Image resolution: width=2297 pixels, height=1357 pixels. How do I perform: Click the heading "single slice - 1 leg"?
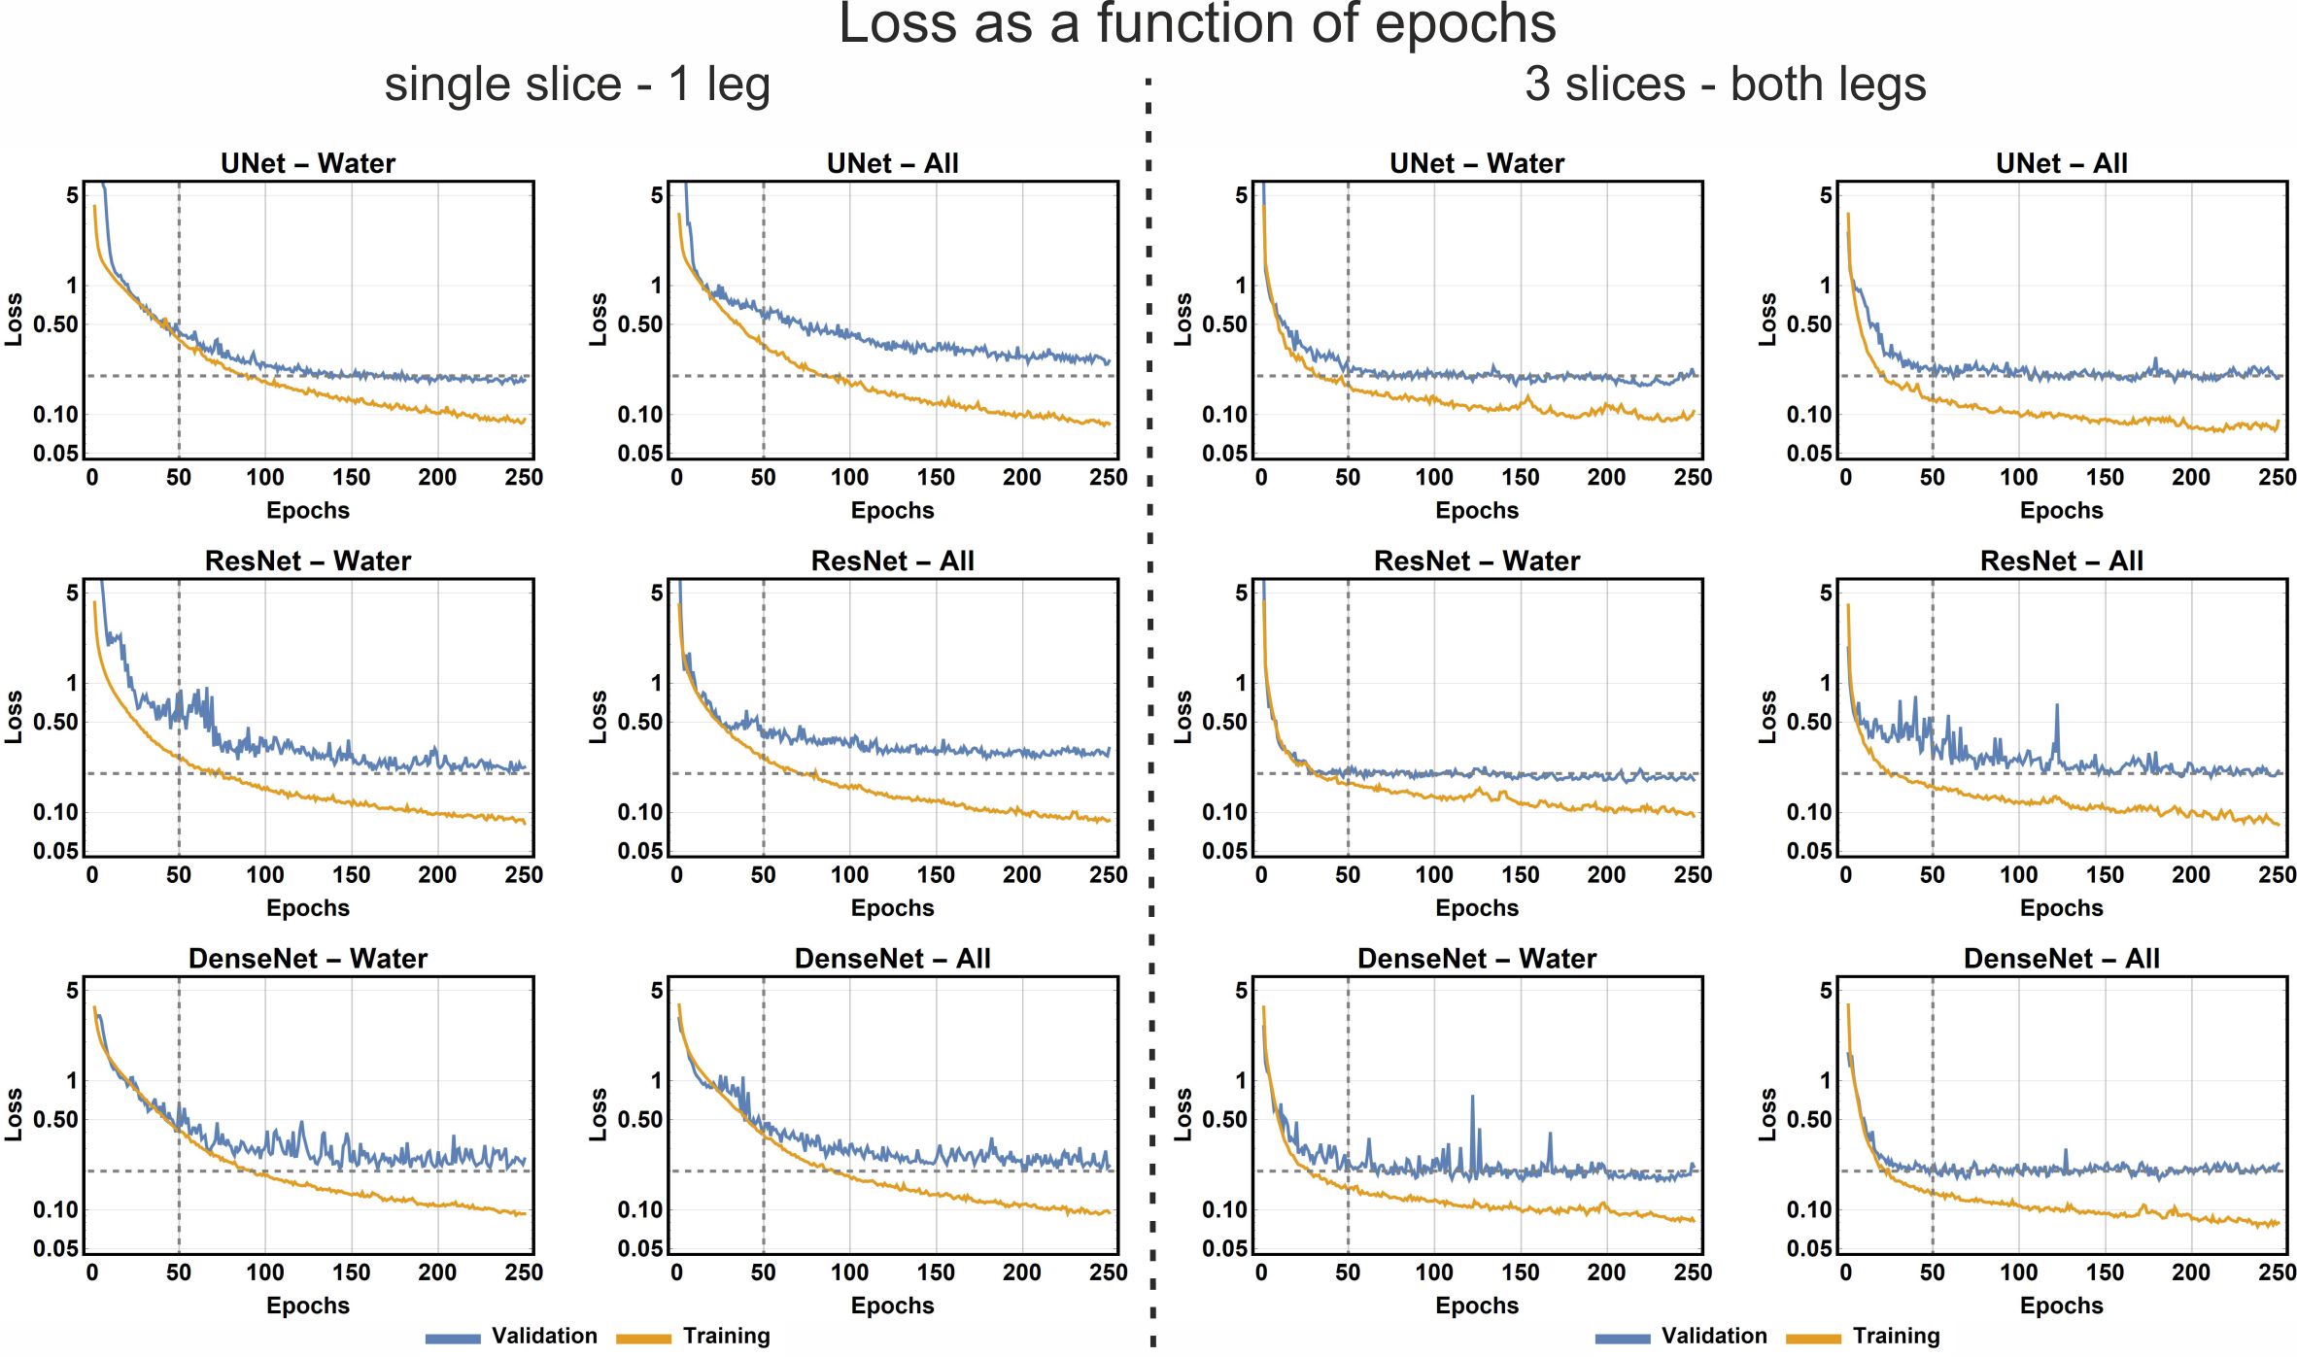577,85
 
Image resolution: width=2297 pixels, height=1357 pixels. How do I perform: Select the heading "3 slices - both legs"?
1725,85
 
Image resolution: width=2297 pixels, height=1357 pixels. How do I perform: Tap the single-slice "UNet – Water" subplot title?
308,163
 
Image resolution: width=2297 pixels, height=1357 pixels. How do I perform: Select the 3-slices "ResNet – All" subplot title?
2061,560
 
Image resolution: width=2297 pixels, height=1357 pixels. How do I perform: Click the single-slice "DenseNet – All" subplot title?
892,959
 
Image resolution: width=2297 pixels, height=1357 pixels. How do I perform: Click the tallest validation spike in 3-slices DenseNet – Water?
1472,1099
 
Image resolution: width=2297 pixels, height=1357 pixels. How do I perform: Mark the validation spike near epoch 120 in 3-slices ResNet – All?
2056,707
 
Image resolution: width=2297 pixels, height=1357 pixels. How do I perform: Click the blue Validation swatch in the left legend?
453,1339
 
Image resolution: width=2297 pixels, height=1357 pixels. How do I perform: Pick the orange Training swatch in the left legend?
643,1339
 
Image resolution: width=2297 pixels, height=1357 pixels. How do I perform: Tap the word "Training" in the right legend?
1896,1336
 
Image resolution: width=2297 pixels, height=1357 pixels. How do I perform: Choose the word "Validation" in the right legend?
1714,1336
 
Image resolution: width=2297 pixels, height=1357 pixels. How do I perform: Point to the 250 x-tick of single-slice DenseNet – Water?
524,1272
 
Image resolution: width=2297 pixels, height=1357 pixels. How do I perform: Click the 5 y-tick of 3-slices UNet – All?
1826,195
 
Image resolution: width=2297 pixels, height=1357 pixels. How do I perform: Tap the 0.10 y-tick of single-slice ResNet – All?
639,812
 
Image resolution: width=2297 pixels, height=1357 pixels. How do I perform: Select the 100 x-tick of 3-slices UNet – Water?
1434,477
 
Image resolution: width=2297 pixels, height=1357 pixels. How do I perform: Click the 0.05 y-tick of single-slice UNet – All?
639,454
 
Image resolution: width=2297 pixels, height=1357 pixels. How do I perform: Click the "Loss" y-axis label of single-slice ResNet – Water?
14,717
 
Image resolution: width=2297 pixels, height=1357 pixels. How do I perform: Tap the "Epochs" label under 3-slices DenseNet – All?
2061,1306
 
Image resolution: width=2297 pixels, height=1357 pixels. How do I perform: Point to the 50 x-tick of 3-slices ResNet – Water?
1348,875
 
